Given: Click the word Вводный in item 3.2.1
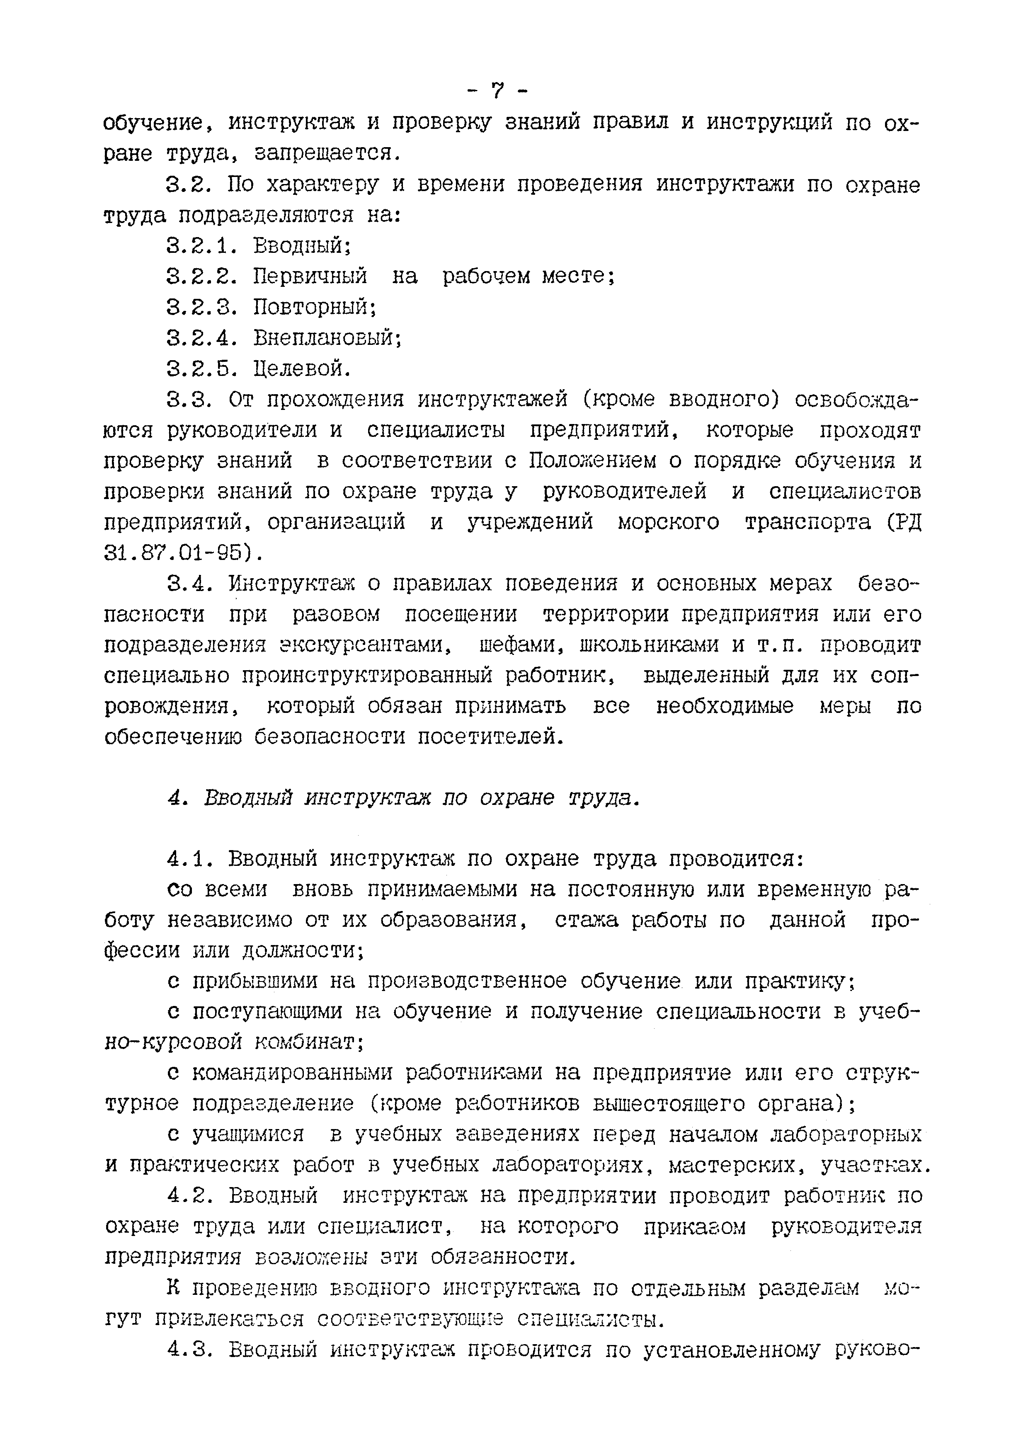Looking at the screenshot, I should click(301, 245).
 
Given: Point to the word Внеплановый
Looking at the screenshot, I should click(327, 337).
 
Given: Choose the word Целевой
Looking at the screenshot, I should click(301, 368).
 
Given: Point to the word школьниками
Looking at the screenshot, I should click(649, 645).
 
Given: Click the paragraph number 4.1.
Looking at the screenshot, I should click(190, 859).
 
